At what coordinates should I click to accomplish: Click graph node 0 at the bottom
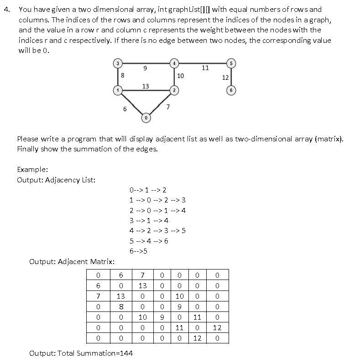[x=146, y=118]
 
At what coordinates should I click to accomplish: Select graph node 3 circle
[x=118, y=63]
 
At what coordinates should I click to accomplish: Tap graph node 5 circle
[x=231, y=63]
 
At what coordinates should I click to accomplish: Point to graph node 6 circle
[x=231, y=90]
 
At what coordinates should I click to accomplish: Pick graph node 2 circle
[x=174, y=90]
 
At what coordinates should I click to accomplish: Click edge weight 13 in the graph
[x=146, y=86]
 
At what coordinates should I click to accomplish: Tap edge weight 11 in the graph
[x=205, y=67]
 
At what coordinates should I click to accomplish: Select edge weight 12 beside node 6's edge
[x=225, y=78]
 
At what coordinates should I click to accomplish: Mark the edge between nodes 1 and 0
[x=131, y=104]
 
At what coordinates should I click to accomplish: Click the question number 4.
[x=6, y=9]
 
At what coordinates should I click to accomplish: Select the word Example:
[x=32, y=169]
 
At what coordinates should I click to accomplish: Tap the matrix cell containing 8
[x=121, y=307]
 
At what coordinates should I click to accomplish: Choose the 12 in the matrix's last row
[x=197, y=338]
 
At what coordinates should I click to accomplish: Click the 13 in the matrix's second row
[x=142, y=286]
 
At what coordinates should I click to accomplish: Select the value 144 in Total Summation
[x=126, y=353]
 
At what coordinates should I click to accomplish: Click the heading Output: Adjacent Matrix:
[x=72, y=261]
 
